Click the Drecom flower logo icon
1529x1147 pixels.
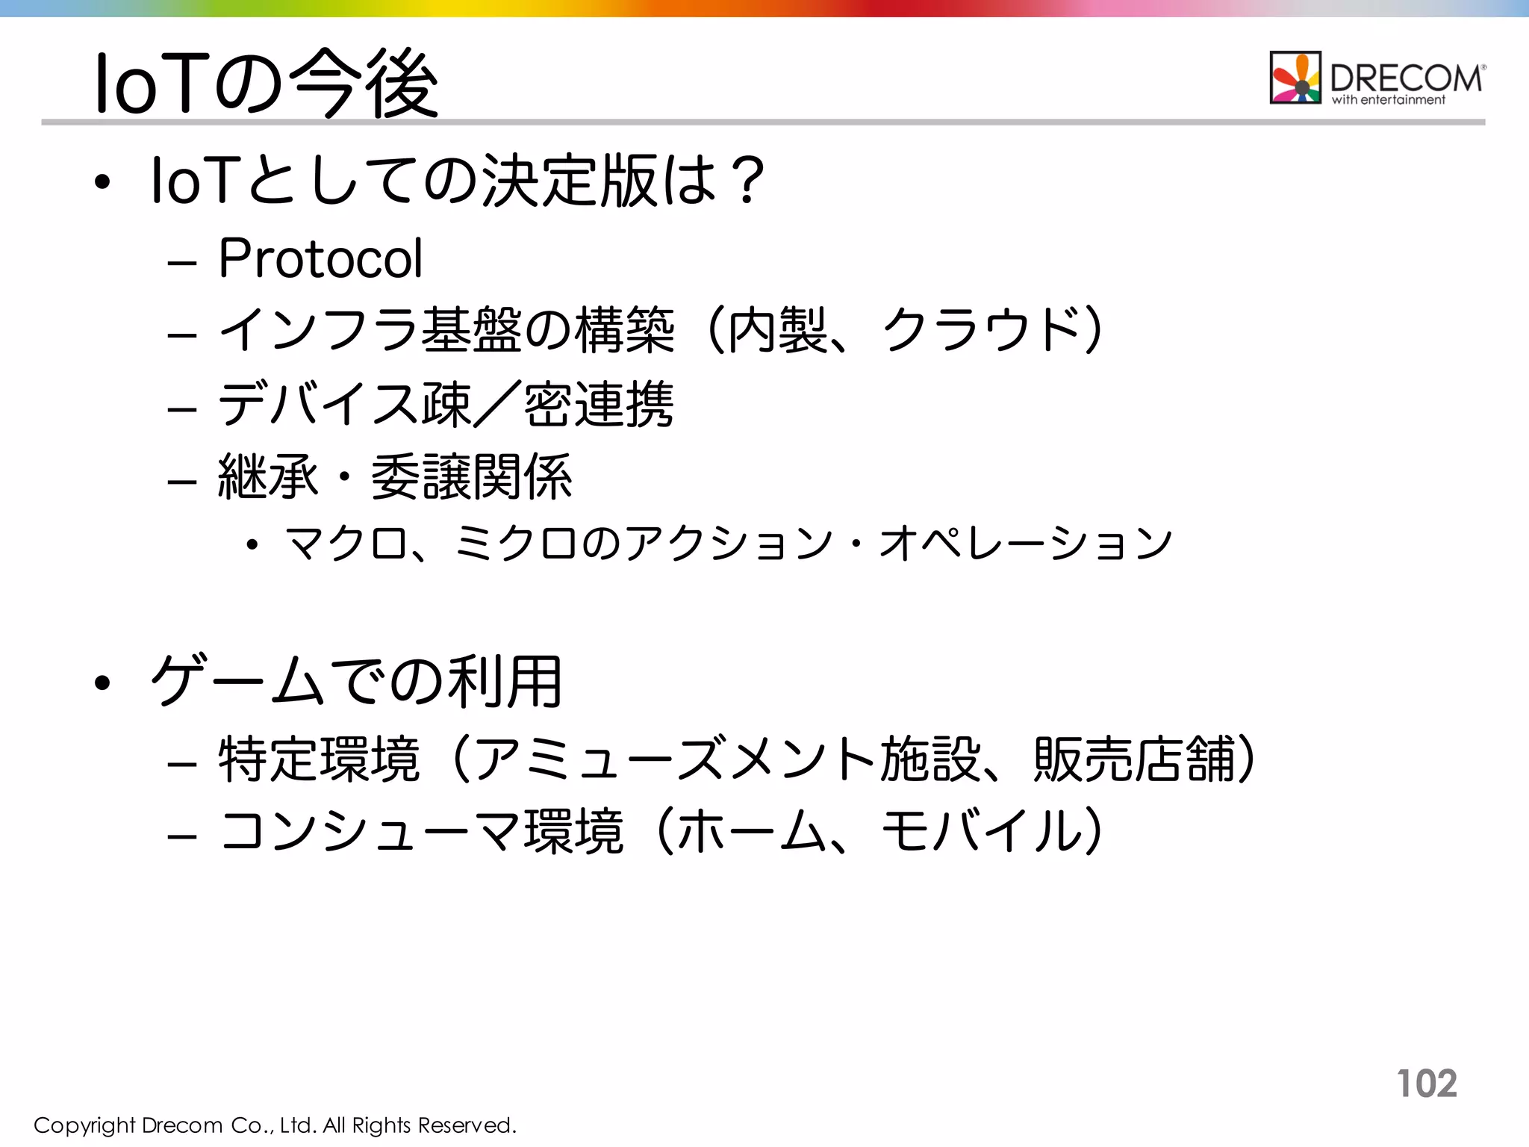[x=1295, y=77]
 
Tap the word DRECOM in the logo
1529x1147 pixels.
[x=1406, y=77]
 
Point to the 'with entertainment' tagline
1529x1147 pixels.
[x=1389, y=100]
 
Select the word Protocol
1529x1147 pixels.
[x=320, y=258]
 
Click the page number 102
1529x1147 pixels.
[x=1427, y=1083]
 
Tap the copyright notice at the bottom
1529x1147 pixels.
[x=275, y=1125]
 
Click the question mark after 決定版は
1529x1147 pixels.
[x=747, y=180]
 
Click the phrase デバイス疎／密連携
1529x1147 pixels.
[x=446, y=404]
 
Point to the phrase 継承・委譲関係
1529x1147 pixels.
[x=395, y=477]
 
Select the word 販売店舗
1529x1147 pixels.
[x=1135, y=759]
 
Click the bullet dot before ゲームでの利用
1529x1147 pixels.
[x=103, y=682]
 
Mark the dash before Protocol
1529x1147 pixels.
[x=182, y=264]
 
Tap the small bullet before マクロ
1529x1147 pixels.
[x=252, y=544]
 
